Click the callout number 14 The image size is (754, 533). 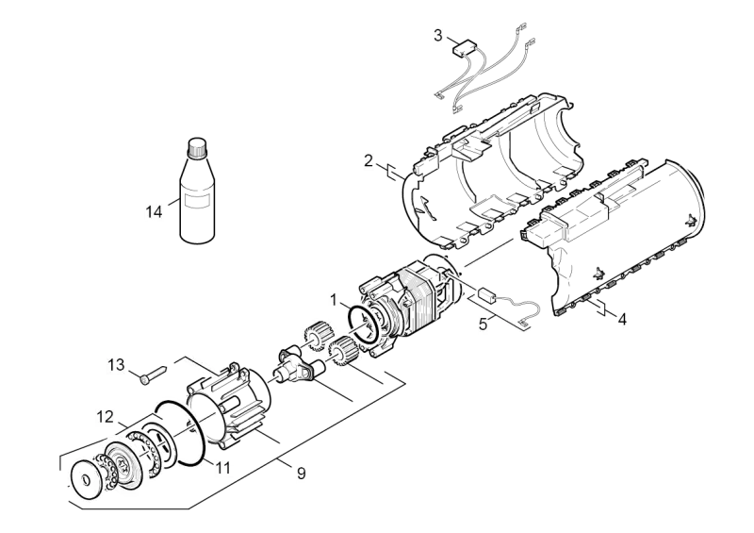[154, 212]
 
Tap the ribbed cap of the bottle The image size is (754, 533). [196, 147]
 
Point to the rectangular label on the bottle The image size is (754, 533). [197, 202]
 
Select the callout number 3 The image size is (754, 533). [437, 35]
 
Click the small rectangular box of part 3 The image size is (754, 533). [464, 49]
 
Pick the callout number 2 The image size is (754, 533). [369, 160]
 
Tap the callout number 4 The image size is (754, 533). [622, 319]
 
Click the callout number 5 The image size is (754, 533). [483, 324]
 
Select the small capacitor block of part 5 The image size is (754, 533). [487, 294]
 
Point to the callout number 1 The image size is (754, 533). [334, 300]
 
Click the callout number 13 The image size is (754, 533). [116, 364]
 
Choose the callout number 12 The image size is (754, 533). [106, 416]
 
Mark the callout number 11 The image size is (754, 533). [222, 467]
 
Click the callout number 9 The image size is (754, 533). [301, 474]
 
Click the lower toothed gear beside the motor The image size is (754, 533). [341, 351]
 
